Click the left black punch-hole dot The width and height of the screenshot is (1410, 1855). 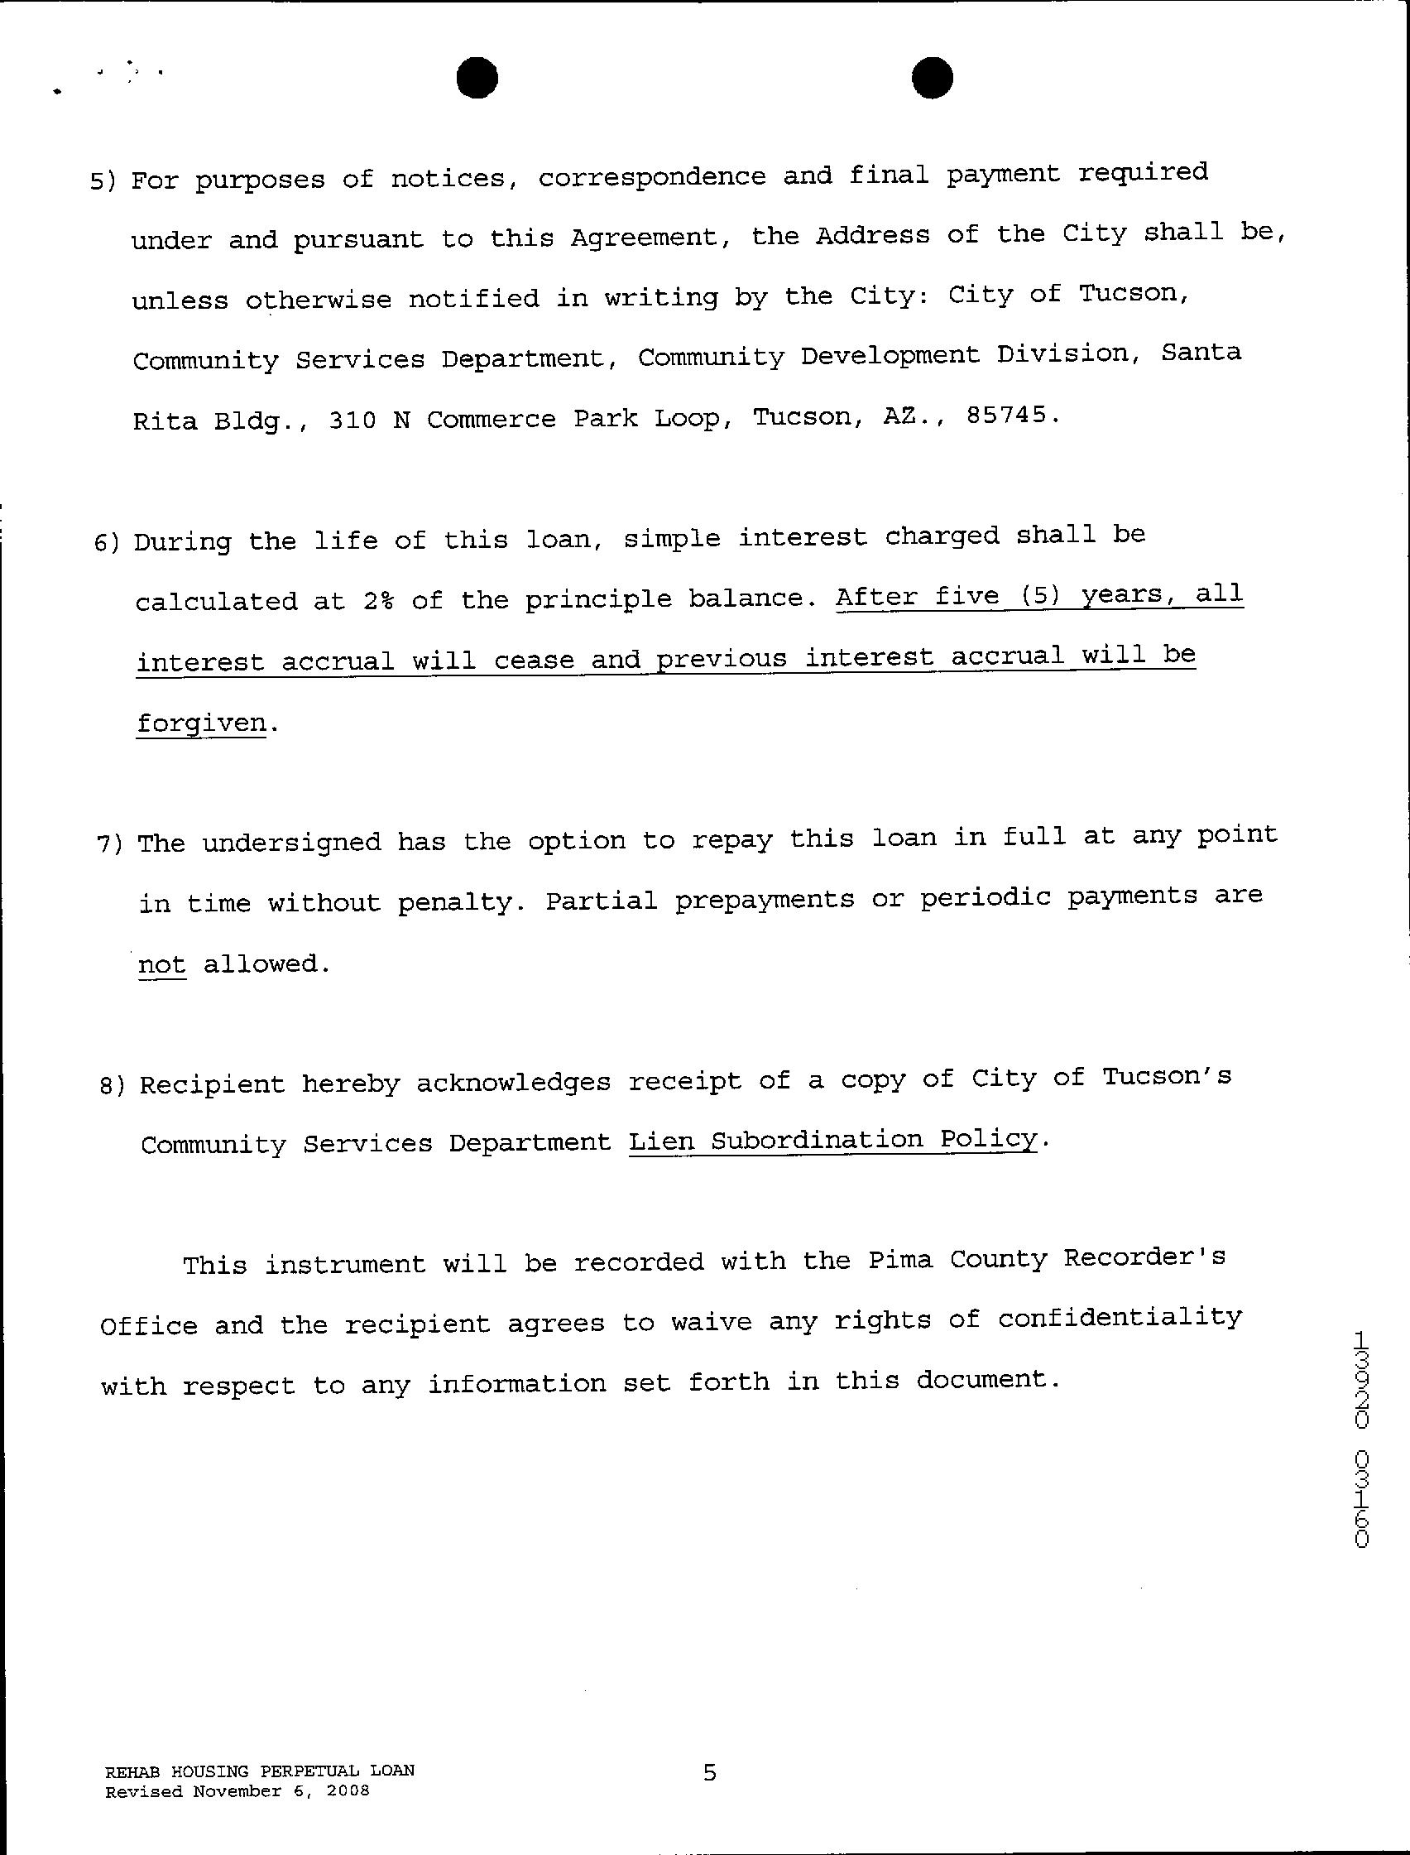[x=477, y=77]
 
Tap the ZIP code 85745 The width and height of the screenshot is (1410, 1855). [x=1006, y=416]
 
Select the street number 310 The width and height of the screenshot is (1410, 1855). [x=352, y=420]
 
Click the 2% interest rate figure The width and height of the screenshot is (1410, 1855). [x=378, y=601]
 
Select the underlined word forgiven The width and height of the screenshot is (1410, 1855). [x=201, y=723]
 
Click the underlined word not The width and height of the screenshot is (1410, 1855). [x=161, y=964]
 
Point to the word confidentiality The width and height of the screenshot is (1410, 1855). [x=1119, y=1319]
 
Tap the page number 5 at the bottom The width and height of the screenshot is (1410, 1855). [x=710, y=1772]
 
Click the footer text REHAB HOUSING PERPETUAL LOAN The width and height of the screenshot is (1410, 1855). [x=259, y=1771]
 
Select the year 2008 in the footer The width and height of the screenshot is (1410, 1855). [x=348, y=1791]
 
